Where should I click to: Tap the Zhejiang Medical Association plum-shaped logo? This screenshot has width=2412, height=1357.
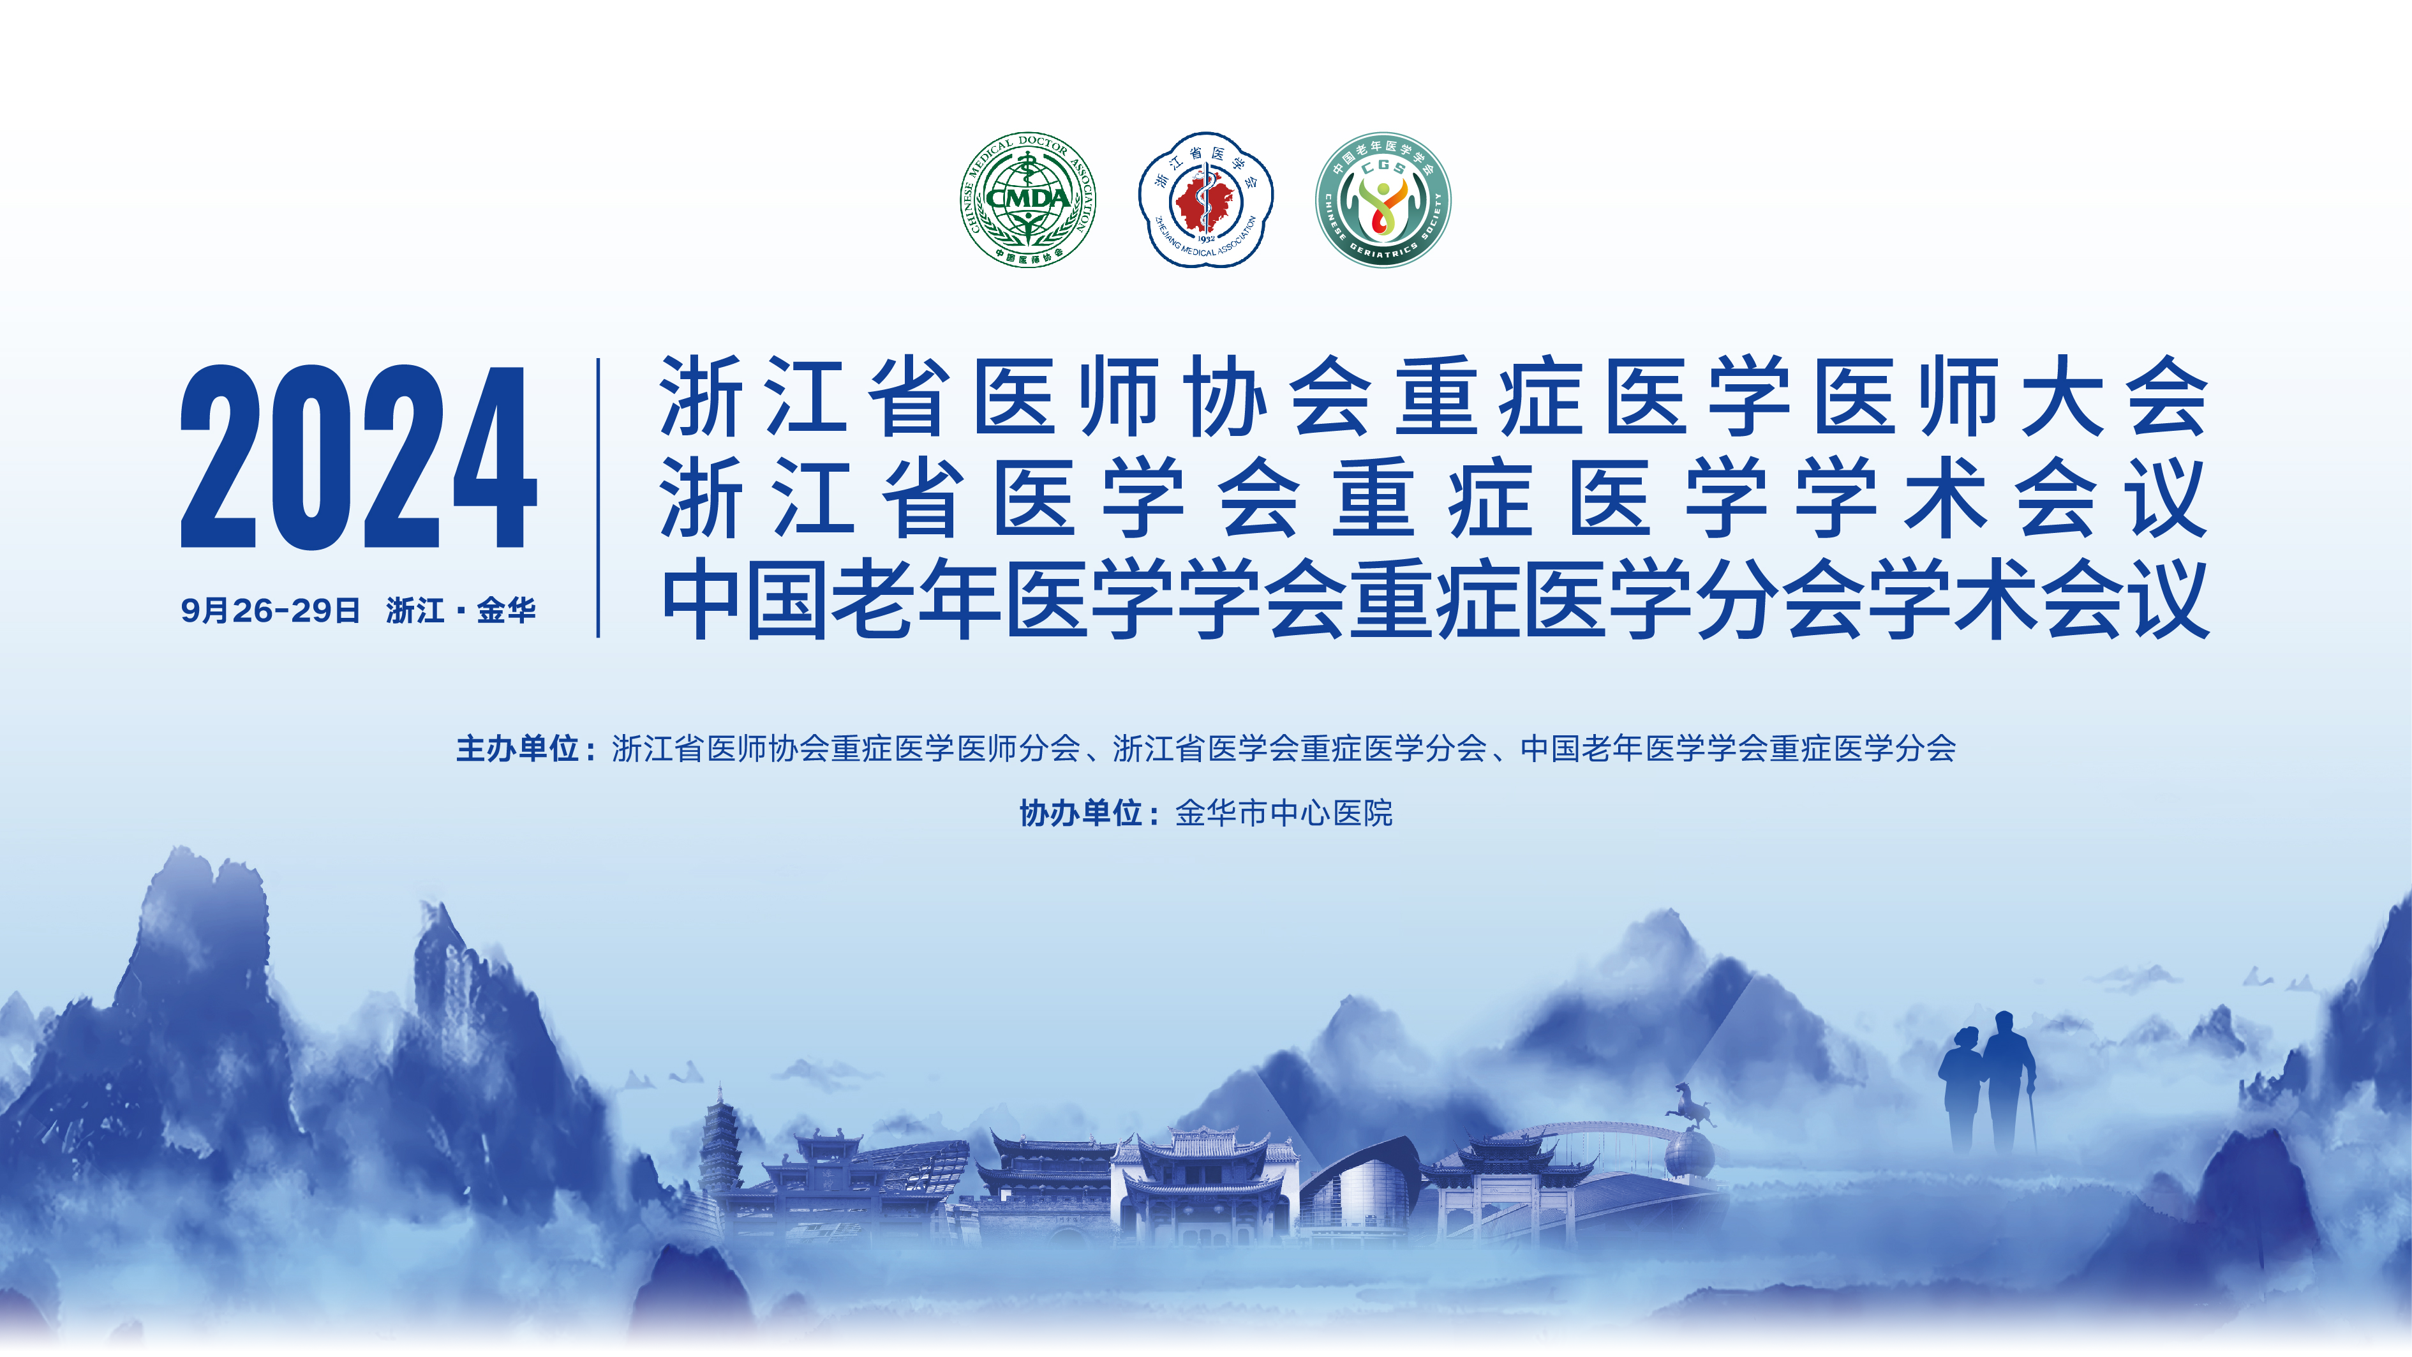(1205, 200)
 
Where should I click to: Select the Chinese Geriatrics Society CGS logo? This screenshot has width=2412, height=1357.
(1383, 200)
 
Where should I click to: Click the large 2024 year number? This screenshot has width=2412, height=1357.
(359, 457)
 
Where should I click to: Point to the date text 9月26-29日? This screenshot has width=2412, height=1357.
(271, 611)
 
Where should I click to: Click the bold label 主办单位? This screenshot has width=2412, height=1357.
(517, 748)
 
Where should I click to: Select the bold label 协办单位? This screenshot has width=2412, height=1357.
(1080, 813)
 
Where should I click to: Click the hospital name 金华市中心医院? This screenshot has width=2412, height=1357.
(1284, 813)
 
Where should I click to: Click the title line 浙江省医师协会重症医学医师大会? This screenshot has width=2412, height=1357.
(1434, 396)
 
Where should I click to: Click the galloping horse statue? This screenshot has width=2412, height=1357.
(1691, 1104)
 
